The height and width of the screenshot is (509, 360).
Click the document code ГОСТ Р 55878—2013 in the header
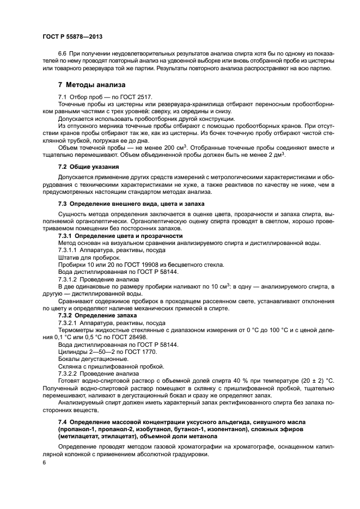point(72,36)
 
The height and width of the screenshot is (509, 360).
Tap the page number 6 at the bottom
point(44,462)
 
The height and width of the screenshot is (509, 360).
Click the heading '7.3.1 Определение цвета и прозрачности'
point(120,236)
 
